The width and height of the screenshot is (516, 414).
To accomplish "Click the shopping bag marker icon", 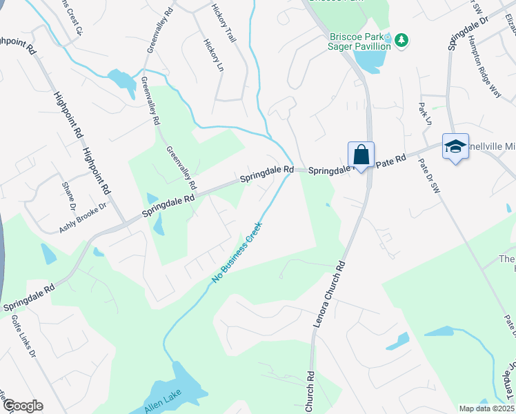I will [x=361, y=153].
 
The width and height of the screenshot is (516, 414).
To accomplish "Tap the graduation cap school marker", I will [x=455, y=146].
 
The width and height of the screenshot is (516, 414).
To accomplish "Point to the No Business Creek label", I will [x=237, y=253].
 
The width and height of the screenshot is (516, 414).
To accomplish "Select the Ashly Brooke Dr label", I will [x=83, y=217].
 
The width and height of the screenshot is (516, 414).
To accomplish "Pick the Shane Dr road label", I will [x=69, y=196].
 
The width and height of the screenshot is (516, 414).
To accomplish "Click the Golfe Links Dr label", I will [x=23, y=337].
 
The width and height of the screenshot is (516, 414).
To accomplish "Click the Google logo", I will [x=22, y=406].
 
